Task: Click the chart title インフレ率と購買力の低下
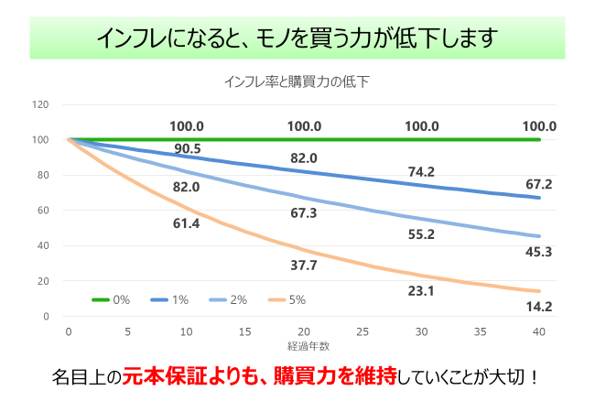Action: [x=297, y=81]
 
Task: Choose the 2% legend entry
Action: [x=229, y=299]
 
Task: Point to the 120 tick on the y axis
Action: [x=40, y=104]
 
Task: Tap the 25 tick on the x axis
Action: [x=362, y=331]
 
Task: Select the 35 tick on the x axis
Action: [x=481, y=331]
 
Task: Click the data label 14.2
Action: [x=539, y=307]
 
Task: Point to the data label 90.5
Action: [x=187, y=148]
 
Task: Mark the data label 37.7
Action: [x=304, y=266]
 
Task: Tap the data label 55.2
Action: [x=421, y=234]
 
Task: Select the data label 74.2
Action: [x=421, y=171]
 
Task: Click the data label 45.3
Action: [x=539, y=252]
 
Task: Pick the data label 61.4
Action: [x=187, y=223]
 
